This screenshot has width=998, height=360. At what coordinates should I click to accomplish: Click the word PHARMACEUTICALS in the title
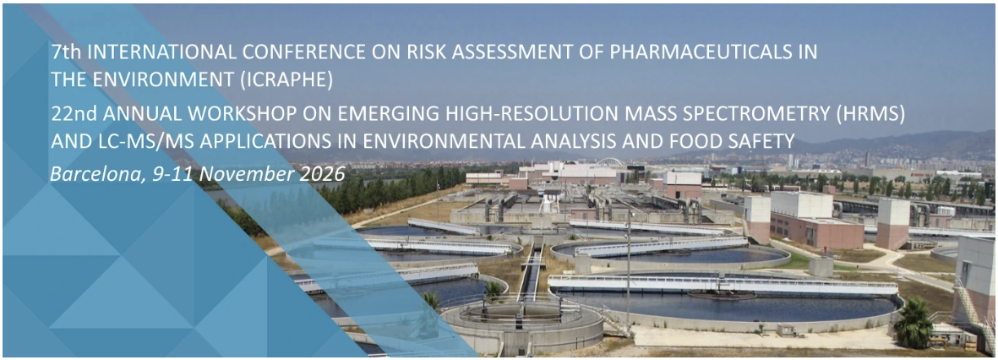click(x=697, y=52)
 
